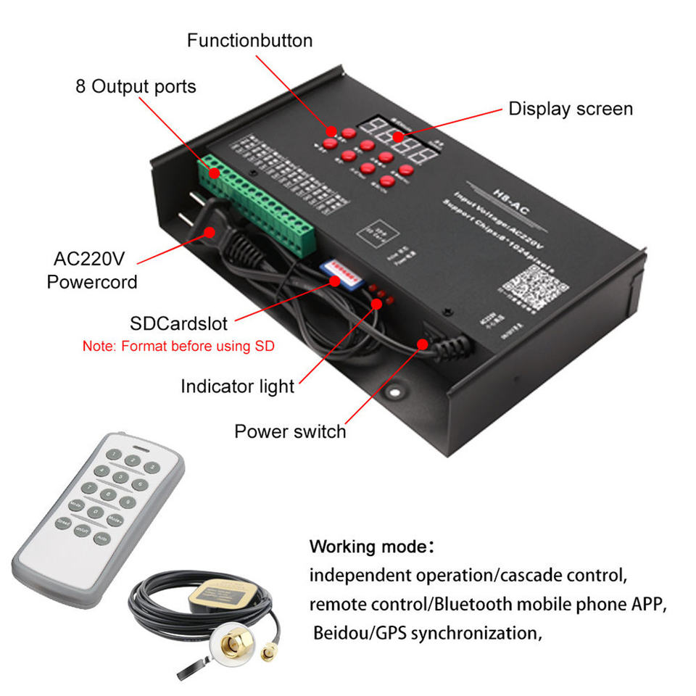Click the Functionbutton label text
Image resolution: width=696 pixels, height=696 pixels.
(x=249, y=40)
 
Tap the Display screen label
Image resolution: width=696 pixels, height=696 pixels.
(x=570, y=109)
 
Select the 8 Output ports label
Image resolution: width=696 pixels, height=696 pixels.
(x=136, y=87)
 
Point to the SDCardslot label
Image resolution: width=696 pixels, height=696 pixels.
(x=178, y=322)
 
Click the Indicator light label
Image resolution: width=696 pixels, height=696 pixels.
(x=237, y=386)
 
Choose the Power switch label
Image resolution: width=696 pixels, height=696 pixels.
(x=290, y=432)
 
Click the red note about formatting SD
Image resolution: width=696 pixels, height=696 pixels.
(x=179, y=346)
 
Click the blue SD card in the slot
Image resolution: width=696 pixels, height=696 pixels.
(x=341, y=274)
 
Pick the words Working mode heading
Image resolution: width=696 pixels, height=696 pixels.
(x=370, y=546)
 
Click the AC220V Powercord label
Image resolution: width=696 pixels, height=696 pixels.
(x=92, y=270)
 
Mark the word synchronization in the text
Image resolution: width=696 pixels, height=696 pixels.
(x=474, y=633)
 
